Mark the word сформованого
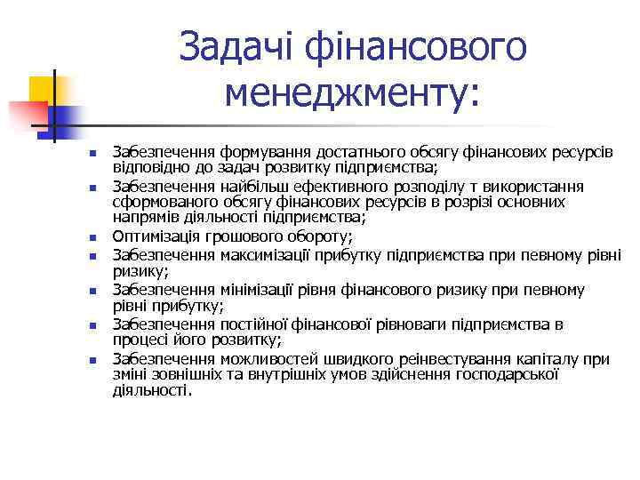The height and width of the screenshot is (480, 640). coord(161,202)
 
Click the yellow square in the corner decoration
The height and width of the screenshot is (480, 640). coord(42,89)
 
